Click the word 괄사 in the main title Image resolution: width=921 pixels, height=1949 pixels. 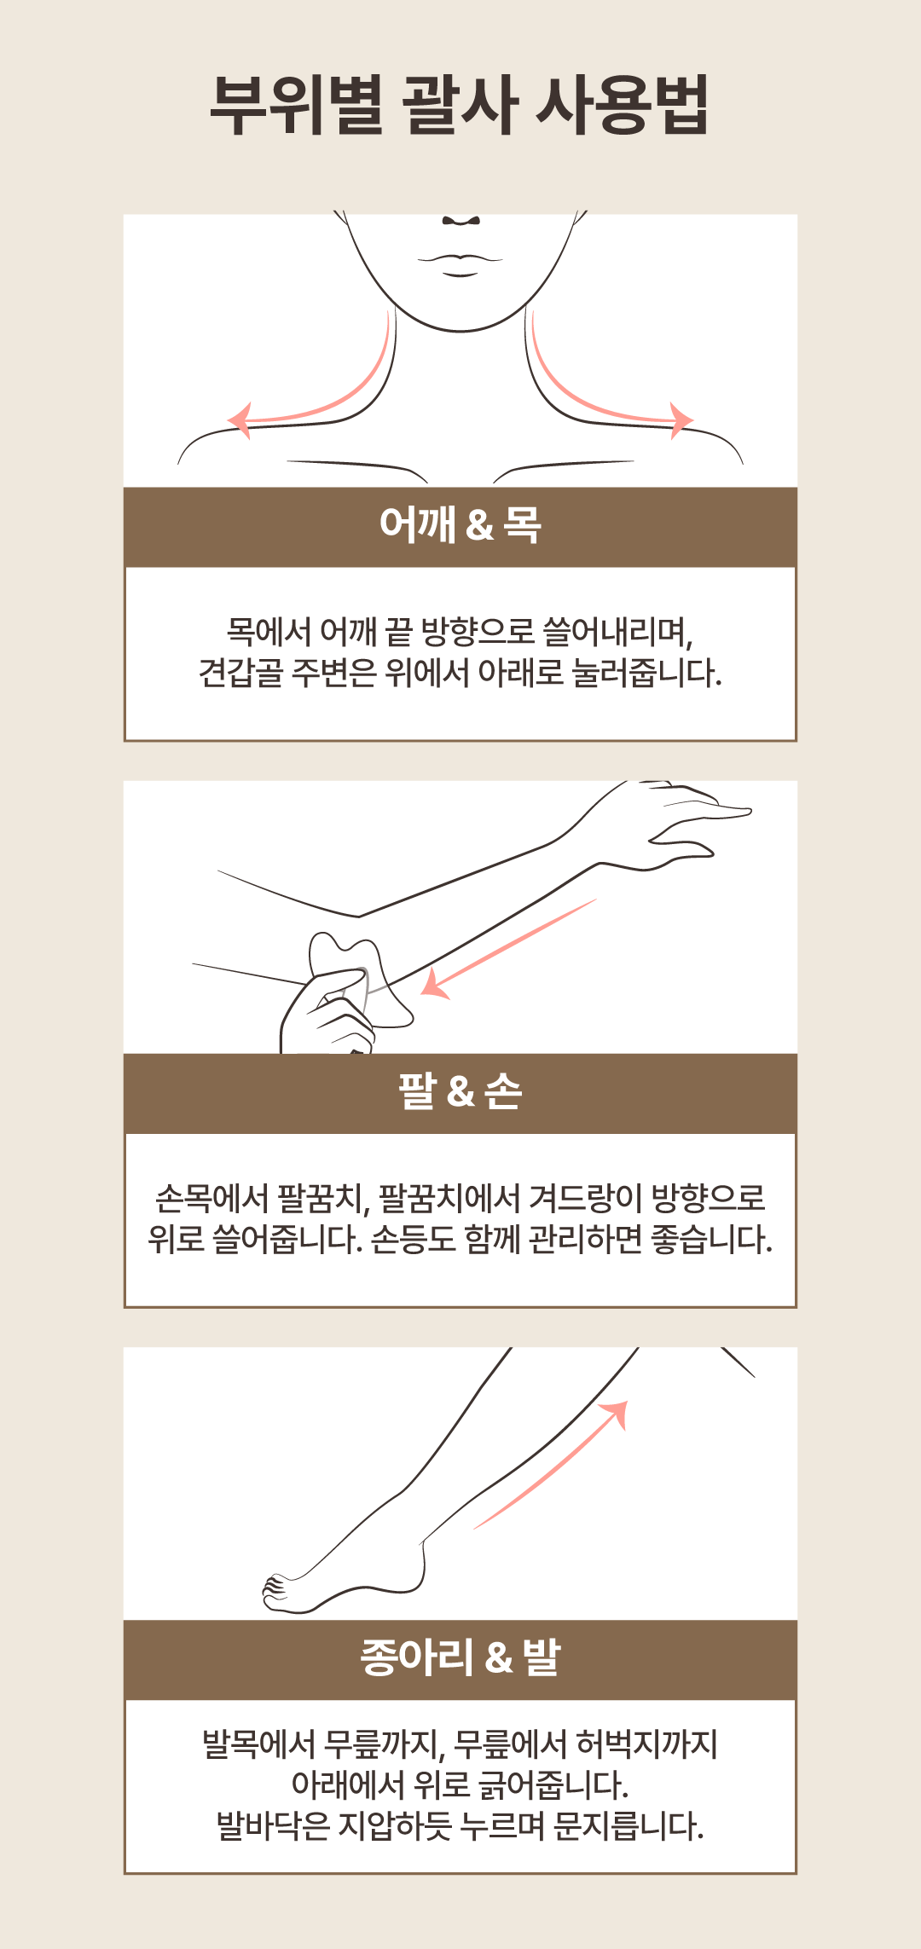click(459, 105)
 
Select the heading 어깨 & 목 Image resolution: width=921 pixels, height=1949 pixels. click(460, 523)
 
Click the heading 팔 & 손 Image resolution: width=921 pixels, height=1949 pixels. click(460, 1091)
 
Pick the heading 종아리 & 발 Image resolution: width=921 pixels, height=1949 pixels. click(460, 1657)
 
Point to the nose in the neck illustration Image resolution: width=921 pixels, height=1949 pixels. click(461, 220)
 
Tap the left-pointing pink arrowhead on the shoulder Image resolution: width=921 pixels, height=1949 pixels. click(240, 420)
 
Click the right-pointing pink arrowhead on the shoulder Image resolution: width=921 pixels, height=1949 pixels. click(682, 420)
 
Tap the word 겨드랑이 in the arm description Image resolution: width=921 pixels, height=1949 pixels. click(586, 1199)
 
